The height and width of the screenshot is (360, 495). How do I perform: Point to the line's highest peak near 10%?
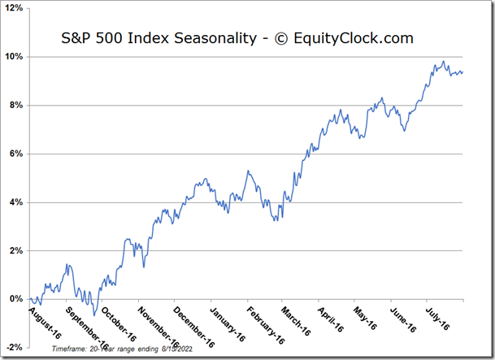tap(443, 61)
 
